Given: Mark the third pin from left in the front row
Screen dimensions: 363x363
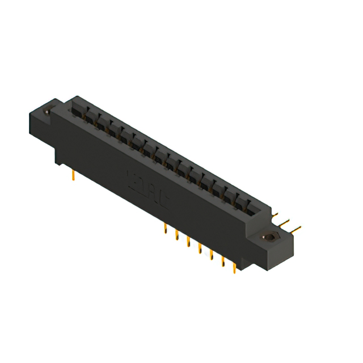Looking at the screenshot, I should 188,242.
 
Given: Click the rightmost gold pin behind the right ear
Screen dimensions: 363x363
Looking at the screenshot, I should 296,230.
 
